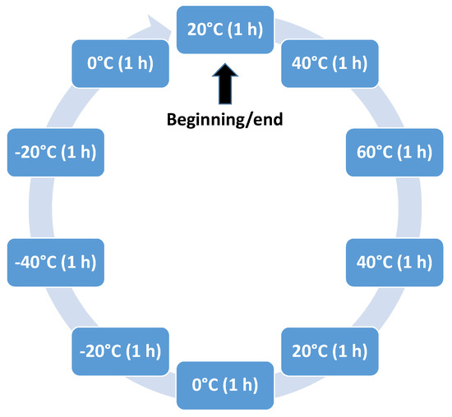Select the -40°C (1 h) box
coord(55,263)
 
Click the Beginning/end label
coord(224,121)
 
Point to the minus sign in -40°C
coord(18,263)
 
